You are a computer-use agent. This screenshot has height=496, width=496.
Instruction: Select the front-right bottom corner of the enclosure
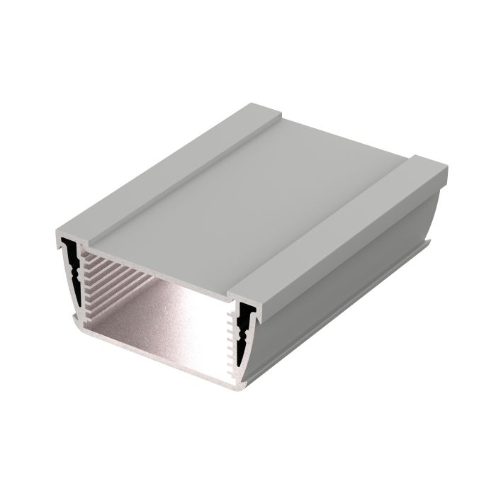[241, 387]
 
